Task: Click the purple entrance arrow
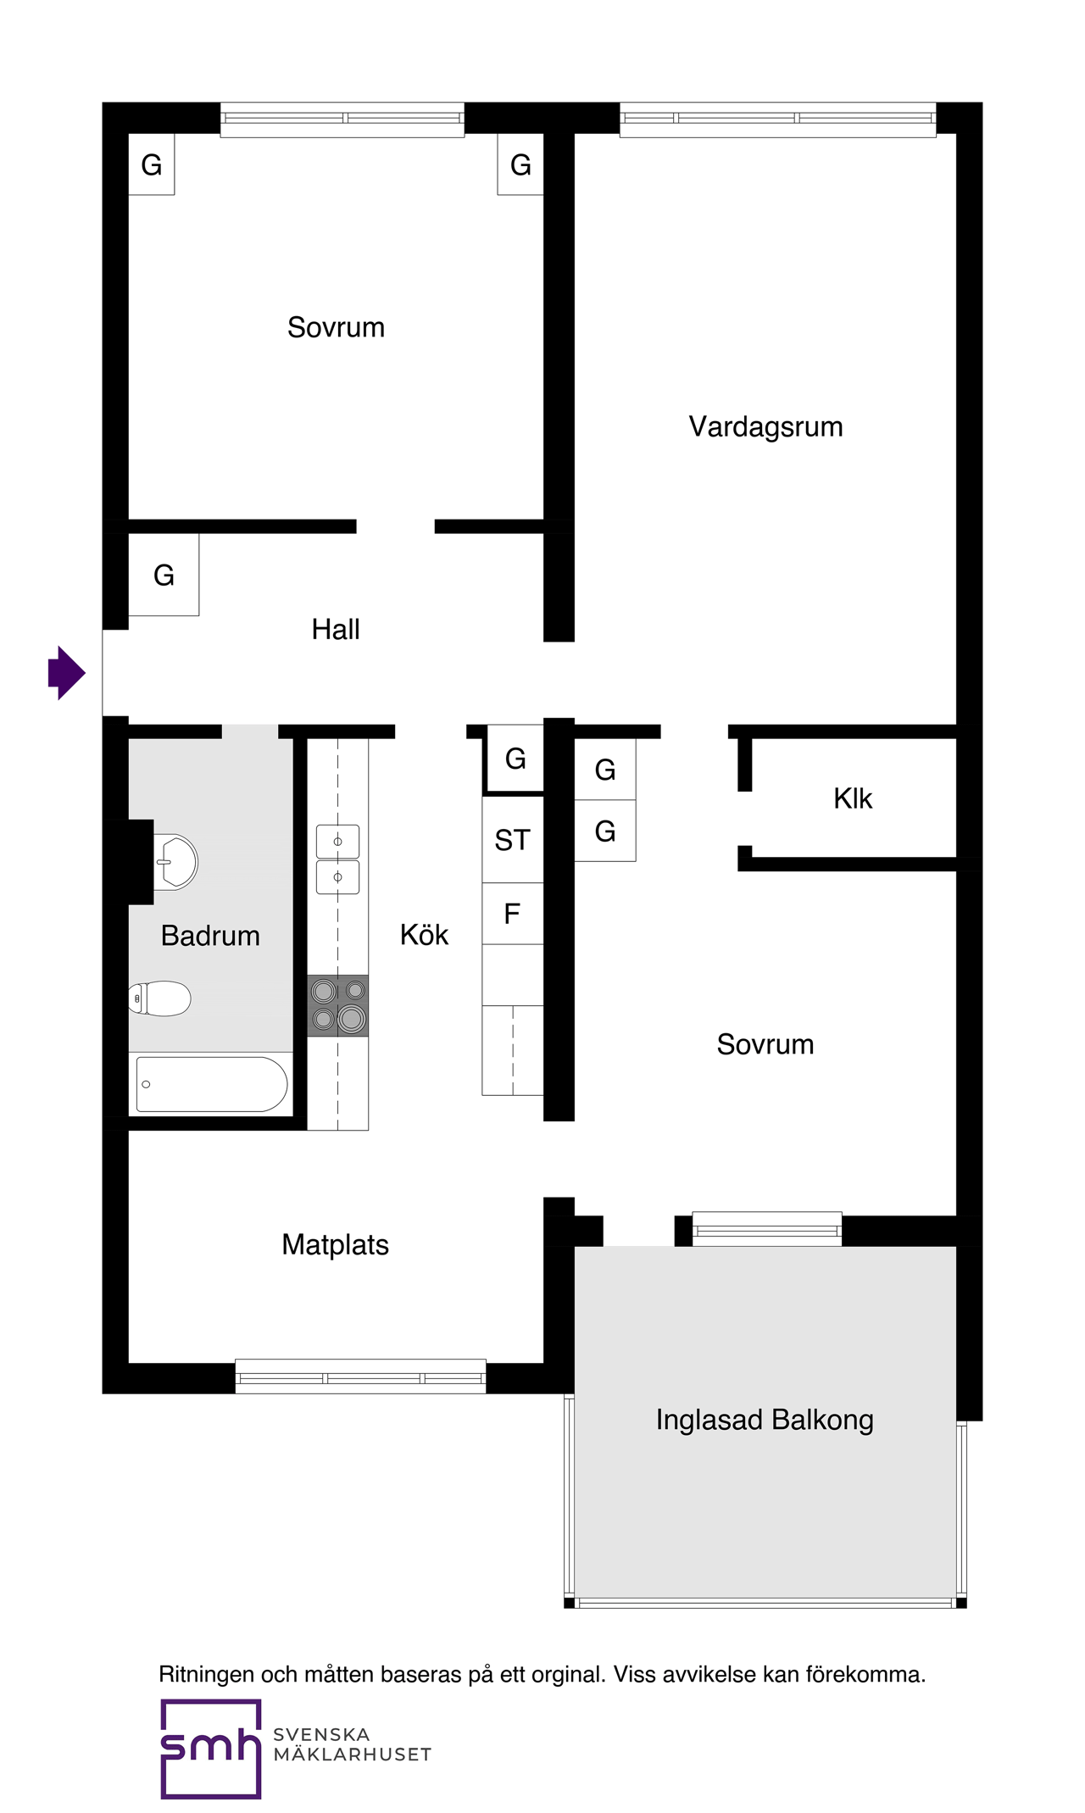[67, 672]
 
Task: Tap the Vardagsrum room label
[765, 426]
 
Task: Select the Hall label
[336, 629]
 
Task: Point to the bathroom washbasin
[175, 862]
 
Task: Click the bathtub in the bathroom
[212, 1083]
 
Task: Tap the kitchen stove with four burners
[337, 1005]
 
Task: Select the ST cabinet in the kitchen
[512, 840]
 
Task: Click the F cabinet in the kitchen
[512, 914]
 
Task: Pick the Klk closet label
[852, 798]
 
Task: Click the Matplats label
[335, 1244]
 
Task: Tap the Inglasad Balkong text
[764, 1420]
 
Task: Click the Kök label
[424, 935]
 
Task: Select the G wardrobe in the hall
[164, 575]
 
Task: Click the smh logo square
[210, 1748]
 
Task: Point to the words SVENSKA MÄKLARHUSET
[352, 1744]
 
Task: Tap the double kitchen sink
[337, 859]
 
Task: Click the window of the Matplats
[360, 1376]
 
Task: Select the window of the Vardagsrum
[777, 119]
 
